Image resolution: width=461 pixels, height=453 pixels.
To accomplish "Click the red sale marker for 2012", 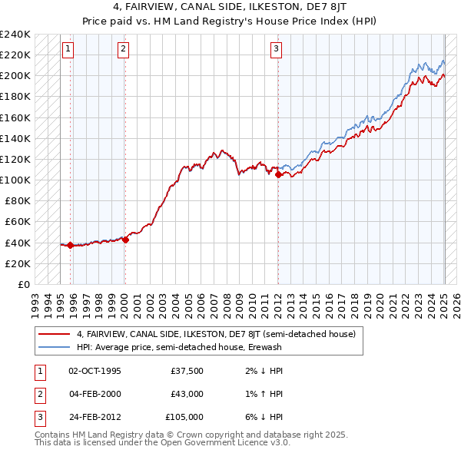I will point(278,175).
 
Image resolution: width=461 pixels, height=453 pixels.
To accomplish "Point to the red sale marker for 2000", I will point(125,240).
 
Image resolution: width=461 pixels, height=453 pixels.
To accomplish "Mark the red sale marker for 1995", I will point(70,245).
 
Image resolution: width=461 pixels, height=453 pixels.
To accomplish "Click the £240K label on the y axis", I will point(15,35).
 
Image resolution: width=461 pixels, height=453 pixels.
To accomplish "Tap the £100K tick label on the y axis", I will point(15,180).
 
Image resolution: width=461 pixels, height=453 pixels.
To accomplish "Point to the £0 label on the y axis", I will point(23,284).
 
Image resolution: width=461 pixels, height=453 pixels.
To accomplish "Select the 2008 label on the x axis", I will point(227,300).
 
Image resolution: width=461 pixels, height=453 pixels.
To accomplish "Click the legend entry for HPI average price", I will point(179,347).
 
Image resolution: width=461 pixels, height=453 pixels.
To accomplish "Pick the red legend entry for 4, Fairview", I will point(215,334).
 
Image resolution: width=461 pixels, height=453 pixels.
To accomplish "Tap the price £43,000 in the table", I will point(186,394).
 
